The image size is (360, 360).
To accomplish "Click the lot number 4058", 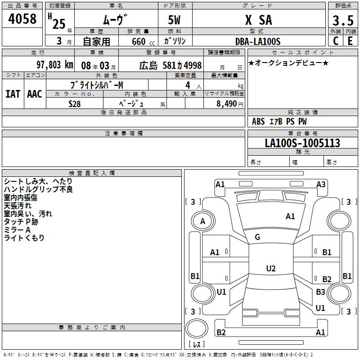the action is [22, 19].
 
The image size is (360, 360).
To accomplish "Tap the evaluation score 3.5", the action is [342, 21].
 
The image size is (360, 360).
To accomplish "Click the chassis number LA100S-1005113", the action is [302, 143].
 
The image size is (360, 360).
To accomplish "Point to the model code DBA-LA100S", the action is [258, 41].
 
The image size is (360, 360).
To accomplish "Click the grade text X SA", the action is [258, 20].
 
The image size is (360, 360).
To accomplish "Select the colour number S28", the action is [75, 103].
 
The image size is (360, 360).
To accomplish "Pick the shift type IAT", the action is [13, 94].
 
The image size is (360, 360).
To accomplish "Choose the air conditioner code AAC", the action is [35, 94].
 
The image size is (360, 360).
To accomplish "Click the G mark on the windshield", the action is [257, 237].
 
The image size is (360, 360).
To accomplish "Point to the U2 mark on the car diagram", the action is [270, 268].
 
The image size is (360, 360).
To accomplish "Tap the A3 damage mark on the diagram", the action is [321, 184].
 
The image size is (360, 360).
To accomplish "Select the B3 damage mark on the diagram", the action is [320, 292].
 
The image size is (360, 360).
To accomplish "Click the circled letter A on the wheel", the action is [202, 221].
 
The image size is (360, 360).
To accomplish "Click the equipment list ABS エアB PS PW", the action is [279, 121].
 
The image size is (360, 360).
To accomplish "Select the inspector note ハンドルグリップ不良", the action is [38, 189].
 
